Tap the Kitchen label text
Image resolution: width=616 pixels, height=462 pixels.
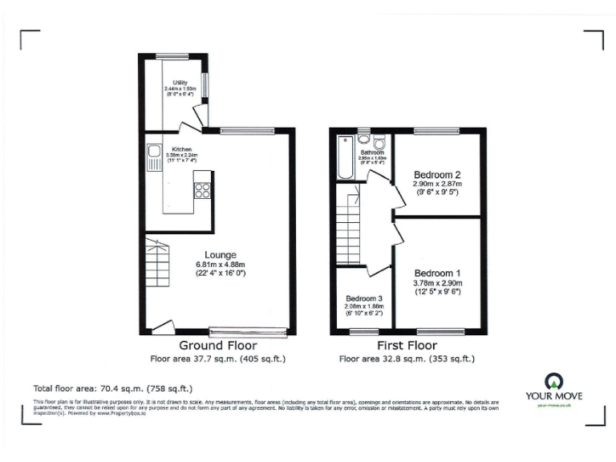[180, 149]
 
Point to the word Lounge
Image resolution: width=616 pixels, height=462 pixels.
[220, 255]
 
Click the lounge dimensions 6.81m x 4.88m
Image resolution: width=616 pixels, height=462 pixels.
[220, 265]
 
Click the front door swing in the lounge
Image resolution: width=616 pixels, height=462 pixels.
[162, 326]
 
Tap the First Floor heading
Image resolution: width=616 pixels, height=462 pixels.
[408, 346]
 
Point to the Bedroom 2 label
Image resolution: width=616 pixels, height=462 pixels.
[436, 175]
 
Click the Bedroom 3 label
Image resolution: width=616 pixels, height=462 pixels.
[363, 298]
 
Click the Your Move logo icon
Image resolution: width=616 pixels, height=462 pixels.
[553, 381]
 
